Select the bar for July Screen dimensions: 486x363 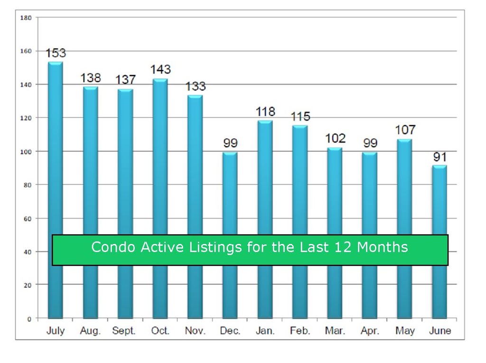coord(56,190)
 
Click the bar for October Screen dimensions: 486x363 coord(160,198)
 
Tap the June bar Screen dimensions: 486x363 coord(440,242)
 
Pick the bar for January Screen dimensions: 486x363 coord(265,220)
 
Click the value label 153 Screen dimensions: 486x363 coord(56,53)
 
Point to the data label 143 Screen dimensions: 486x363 coord(160,69)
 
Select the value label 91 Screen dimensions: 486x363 coord(440,157)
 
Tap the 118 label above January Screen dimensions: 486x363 coord(265,112)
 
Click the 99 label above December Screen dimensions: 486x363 coord(230,143)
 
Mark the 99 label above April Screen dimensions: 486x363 coord(370,143)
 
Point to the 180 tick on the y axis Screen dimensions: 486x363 coord(26,18)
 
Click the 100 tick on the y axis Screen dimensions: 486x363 coord(26,152)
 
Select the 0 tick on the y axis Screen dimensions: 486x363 coord(29,319)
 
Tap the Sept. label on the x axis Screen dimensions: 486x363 coord(124,331)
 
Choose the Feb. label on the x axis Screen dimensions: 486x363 coord(300,331)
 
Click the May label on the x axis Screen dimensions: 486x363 coord(405,331)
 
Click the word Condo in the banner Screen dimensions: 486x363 coord(113,247)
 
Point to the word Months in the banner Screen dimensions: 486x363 coord(383,247)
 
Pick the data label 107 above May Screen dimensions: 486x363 coord(405,130)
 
